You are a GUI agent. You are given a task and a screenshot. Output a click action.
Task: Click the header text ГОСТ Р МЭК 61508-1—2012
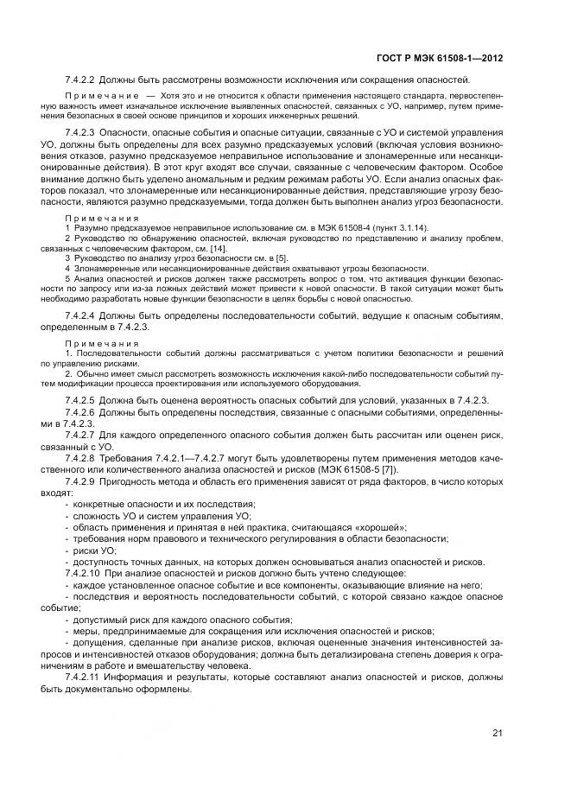tap(441, 59)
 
